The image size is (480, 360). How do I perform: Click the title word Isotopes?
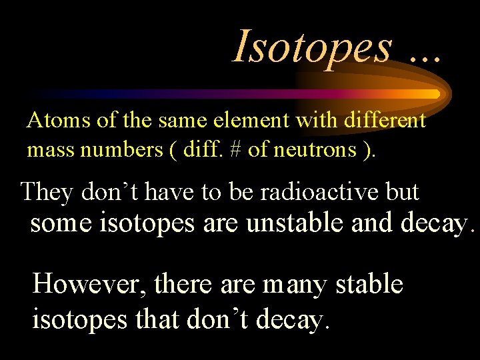pyautogui.click(x=311, y=47)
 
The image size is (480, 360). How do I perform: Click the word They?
pyautogui.click(x=47, y=192)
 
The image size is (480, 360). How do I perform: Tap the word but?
pyautogui.click(x=403, y=192)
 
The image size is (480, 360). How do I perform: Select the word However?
pyautogui.click(x=89, y=285)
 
